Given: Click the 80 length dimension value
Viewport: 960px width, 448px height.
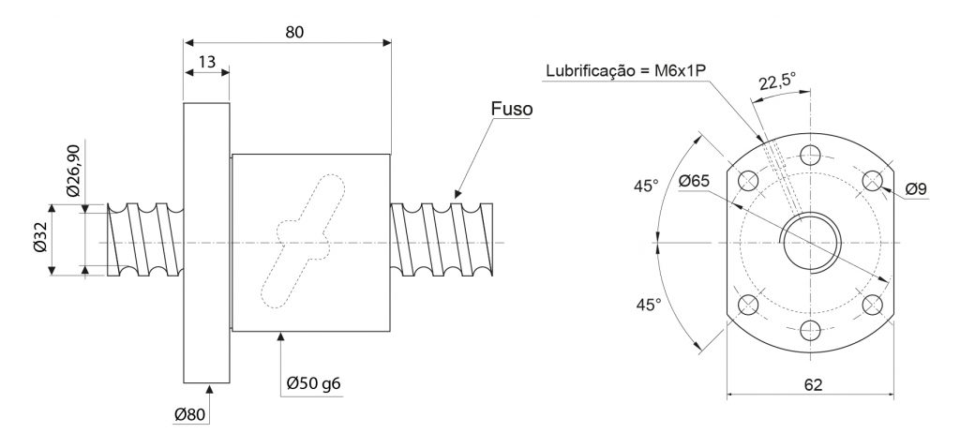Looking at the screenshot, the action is [294, 32].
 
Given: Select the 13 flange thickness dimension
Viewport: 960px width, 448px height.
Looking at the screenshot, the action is [207, 62].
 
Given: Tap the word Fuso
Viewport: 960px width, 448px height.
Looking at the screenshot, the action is [511, 109].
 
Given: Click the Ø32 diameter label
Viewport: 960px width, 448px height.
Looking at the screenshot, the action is [39, 239].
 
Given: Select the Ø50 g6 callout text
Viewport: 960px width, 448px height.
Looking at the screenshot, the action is [313, 384].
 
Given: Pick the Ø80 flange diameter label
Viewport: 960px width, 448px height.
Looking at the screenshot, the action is [189, 414].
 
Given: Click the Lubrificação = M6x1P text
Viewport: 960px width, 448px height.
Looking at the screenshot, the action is [626, 70].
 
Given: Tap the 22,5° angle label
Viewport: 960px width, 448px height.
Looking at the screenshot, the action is [777, 82].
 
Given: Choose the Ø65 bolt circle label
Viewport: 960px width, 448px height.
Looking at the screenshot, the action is [695, 181].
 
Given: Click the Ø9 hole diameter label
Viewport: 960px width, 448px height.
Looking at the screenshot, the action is [916, 189].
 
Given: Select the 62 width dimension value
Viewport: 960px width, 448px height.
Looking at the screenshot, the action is [813, 384].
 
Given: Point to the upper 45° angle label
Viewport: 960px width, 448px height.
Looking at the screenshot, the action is [647, 186].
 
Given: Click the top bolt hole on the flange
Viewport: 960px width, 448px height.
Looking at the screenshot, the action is [811, 156].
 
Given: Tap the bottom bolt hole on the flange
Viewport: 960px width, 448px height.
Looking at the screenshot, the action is [811, 331].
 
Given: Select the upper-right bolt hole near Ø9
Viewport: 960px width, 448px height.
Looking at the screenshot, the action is [873, 181].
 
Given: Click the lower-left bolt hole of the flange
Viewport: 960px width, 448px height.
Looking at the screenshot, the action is [749, 305].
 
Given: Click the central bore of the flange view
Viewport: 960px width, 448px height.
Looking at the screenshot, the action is [811, 243].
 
